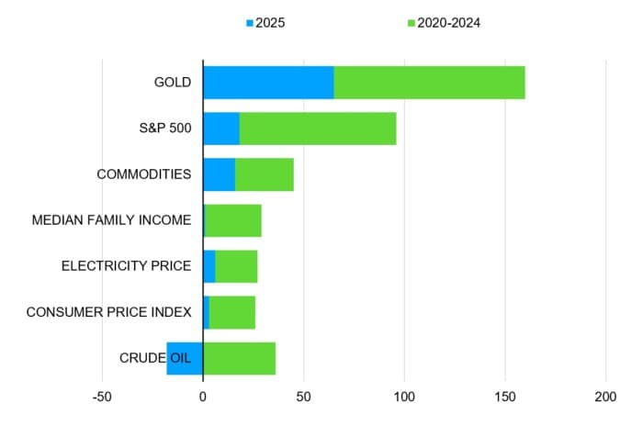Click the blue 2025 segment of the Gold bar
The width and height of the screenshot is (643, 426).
[268, 83]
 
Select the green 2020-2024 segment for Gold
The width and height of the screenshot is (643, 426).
[429, 83]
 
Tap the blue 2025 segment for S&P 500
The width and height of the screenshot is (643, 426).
[221, 129]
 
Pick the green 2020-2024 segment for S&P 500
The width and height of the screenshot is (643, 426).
[318, 129]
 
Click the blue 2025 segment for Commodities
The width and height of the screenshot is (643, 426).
[220, 174]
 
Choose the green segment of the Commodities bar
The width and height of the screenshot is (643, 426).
[265, 174]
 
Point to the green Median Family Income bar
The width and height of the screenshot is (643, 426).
[233, 220]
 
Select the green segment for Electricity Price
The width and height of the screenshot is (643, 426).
[236, 266]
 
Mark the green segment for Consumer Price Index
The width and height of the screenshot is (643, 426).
[232, 312]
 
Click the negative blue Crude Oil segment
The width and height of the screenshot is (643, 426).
[185, 358]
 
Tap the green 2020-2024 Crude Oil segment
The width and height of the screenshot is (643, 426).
[240, 358]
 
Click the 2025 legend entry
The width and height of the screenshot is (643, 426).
[265, 22]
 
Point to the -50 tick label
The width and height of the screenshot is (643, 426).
[102, 398]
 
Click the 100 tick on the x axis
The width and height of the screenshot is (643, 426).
[405, 398]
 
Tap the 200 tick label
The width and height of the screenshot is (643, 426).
[606, 398]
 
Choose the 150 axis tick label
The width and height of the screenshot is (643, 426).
[505, 398]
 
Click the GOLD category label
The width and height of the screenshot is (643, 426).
[173, 83]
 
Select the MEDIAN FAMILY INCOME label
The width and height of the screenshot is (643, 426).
[111, 220]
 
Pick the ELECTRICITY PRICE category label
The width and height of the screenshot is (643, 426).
[126, 266]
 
